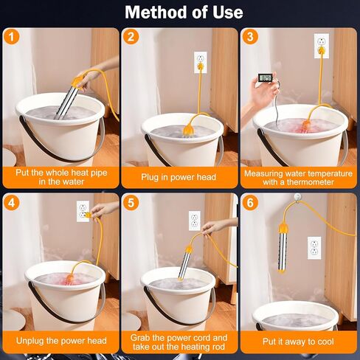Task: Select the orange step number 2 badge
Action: (x=130, y=37)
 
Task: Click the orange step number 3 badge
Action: (x=250, y=37)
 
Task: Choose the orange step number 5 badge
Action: (x=130, y=201)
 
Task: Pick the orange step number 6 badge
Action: (x=250, y=201)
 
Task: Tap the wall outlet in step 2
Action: (x=200, y=60)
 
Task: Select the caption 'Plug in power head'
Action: (x=180, y=177)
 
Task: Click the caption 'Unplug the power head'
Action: (x=60, y=342)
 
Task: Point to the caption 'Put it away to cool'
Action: (x=300, y=342)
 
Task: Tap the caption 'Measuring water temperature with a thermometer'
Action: (x=300, y=177)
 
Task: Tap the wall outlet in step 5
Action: (x=194, y=220)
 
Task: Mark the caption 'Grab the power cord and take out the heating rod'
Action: (x=180, y=342)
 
